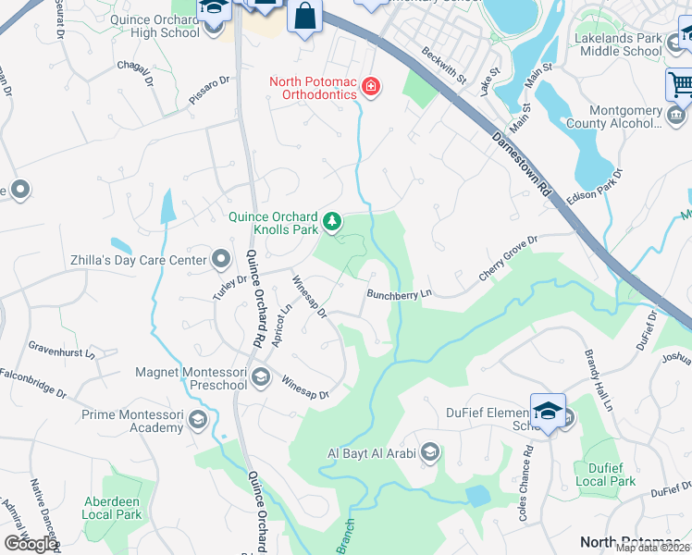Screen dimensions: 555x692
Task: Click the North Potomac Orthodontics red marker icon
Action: tap(371, 88)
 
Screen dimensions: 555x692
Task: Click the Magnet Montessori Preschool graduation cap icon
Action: tap(260, 377)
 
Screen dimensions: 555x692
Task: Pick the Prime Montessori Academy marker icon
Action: tap(197, 421)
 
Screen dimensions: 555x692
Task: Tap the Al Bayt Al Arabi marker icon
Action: tap(428, 452)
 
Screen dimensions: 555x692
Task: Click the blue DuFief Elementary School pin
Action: tap(548, 412)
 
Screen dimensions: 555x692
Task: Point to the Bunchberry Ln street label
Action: tap(400, 295)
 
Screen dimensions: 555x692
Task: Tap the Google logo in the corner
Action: tap(31, 543)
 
